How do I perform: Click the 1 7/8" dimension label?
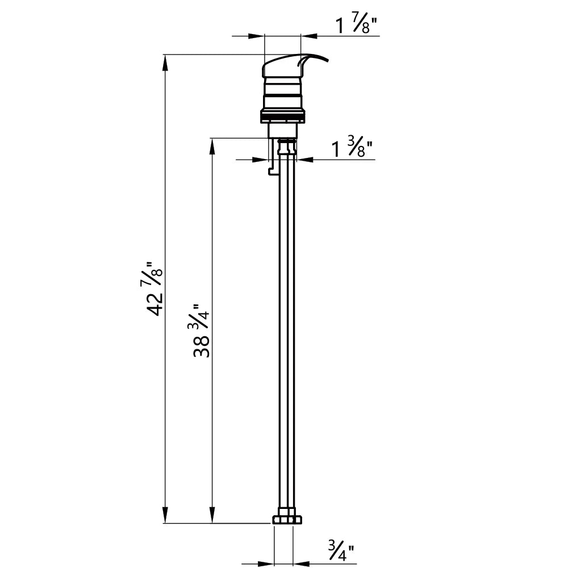click(357, 26)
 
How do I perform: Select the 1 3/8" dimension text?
click(352, 148)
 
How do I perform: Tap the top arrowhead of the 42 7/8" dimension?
click(165, 62)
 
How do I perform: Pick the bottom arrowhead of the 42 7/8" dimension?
click(165, 515)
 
